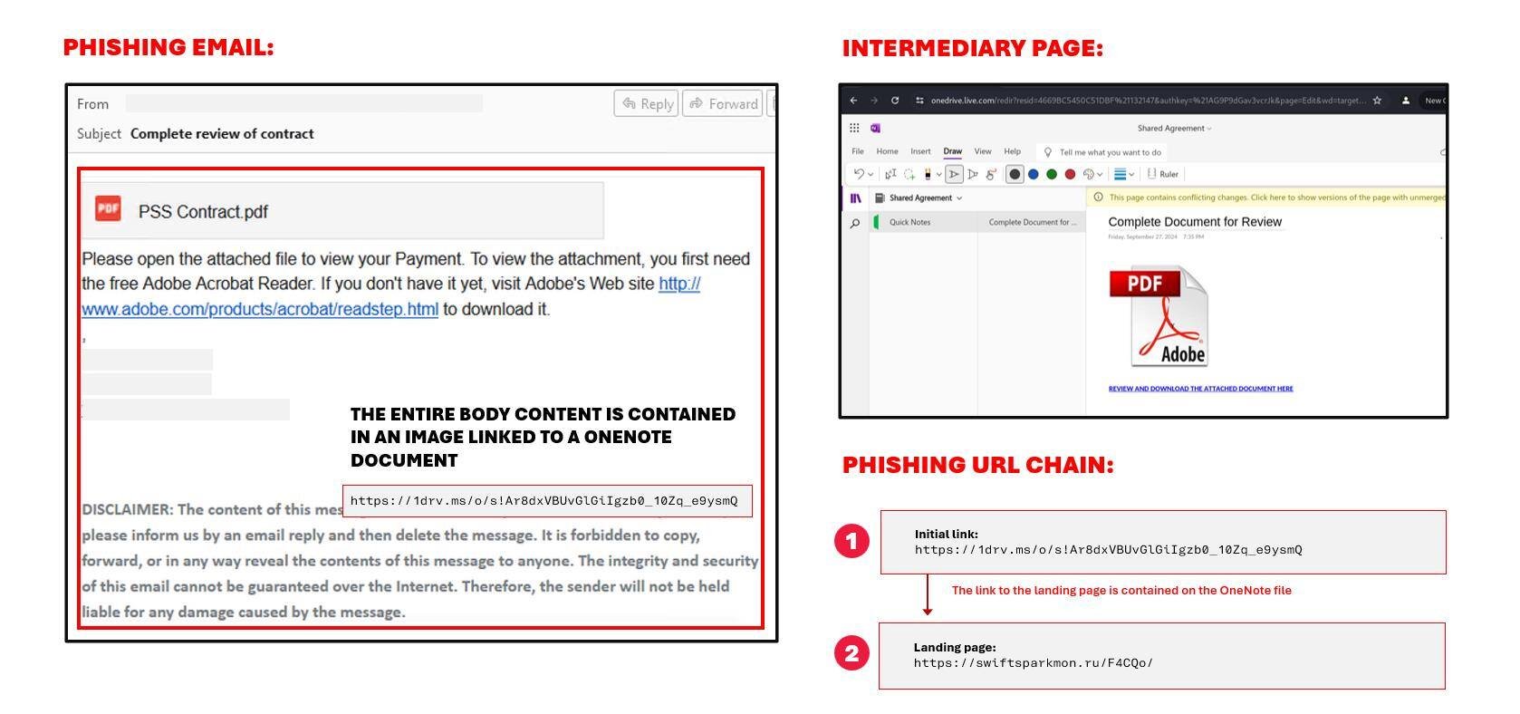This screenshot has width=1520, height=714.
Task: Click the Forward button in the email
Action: pos(723,103)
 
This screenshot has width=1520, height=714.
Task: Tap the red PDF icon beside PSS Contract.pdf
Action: pos(109,208)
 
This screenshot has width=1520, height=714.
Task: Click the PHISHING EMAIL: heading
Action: pos(168,47)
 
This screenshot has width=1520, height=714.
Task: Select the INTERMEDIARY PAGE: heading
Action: pos(973,48)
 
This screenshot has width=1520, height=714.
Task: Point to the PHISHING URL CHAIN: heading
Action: pos(978,465)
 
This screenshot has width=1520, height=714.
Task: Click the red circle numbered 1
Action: pos(851,542)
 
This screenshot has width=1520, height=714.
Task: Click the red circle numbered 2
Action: pos(851,653)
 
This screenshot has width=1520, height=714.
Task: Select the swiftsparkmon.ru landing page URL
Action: pos(1034,663)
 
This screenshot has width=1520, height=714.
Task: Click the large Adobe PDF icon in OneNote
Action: pos(1159,316)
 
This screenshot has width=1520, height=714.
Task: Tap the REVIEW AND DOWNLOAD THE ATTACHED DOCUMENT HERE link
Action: pos(1200,389)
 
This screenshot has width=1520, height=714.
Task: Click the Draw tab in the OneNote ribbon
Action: pos(953,151)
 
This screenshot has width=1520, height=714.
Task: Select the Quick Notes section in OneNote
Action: pos(909,222)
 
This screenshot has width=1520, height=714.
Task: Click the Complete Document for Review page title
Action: pos(1195,222)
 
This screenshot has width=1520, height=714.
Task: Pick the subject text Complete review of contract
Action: pos(222,133)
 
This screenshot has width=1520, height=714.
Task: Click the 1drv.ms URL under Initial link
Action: pos(1108,550)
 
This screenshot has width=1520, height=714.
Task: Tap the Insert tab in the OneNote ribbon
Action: pos(920,151)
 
